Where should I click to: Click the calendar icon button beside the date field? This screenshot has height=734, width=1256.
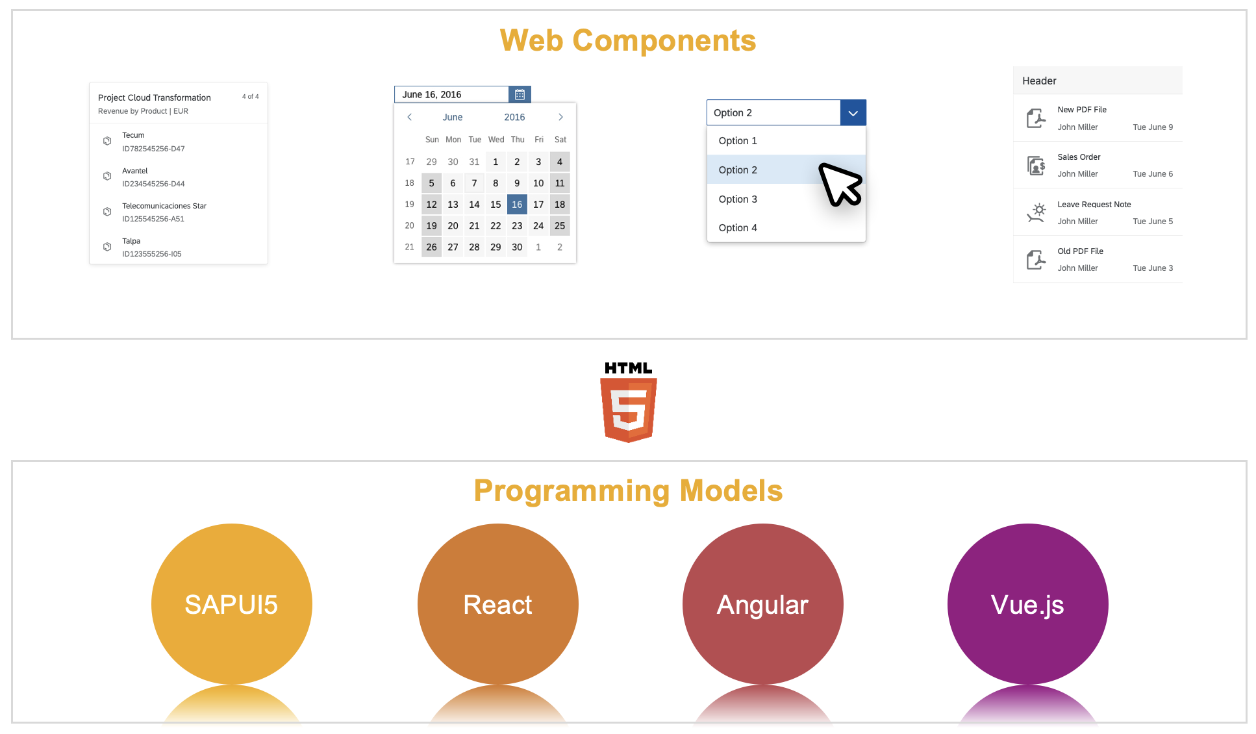[x=520, y=95]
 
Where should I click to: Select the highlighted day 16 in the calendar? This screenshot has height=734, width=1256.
[x=517, y=205]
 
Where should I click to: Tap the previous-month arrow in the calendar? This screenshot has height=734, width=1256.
[x=409, y=118]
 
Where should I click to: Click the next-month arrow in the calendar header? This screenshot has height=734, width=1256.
[x=560, y=118]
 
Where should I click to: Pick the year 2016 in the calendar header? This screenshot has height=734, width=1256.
[x=514, y=118]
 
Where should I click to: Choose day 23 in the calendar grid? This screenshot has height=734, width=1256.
[x=517, y=226]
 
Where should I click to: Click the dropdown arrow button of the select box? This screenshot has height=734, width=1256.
[x=853, y=113]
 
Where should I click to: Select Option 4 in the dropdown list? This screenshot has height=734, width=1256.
[x=738, y=228]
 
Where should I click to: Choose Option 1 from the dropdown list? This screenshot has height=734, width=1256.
[x=738, y=141]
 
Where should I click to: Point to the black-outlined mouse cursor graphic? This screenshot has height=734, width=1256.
[x=840, y=184]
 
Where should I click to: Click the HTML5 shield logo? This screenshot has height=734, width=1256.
[x=629, y=409]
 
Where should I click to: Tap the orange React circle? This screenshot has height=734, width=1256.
[x=498, y=604]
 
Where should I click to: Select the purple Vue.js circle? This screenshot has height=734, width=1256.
[x=1027, y=604]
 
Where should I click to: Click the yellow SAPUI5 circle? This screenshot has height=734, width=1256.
[x=232, y=604]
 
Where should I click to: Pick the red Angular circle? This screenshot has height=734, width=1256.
[x=762, y=604]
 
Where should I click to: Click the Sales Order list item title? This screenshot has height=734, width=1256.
[x=1079, y=157]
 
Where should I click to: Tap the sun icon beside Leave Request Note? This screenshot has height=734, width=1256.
[x=1036, y=212]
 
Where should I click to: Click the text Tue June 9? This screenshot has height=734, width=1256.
[x=1153, y=127]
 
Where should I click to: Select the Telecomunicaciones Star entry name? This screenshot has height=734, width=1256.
[x=164, y=206]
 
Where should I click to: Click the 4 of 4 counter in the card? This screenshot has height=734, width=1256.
[x=250, y=97]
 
